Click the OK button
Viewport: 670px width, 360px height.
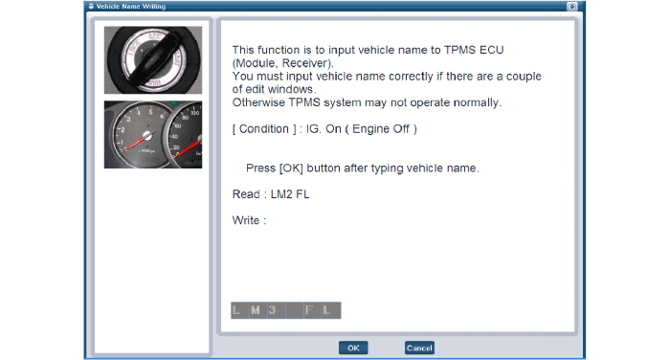coord(353,348)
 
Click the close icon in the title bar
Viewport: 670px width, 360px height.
coord(571,7)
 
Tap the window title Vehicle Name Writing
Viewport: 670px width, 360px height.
coord(131,7)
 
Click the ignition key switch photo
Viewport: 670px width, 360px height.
coord(153,60)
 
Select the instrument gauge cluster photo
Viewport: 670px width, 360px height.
coord(153,135)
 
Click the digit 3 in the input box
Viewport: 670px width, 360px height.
coord(272,310)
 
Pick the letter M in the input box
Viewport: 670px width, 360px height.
coord(256,310)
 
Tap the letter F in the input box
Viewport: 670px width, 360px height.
coord(309,310)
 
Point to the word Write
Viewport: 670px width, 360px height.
coord(246,220)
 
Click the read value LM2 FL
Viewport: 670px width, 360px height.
coord(290,194)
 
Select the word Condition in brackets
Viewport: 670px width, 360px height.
coord(263,128)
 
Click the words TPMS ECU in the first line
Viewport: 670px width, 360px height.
coord(474,50)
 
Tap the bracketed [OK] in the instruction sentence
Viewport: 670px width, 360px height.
coord(291,168)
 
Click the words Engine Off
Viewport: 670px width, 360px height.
coord(381,128)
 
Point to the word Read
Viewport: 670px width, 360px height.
coord(246,194)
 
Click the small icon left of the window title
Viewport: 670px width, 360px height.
coord(91,6)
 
